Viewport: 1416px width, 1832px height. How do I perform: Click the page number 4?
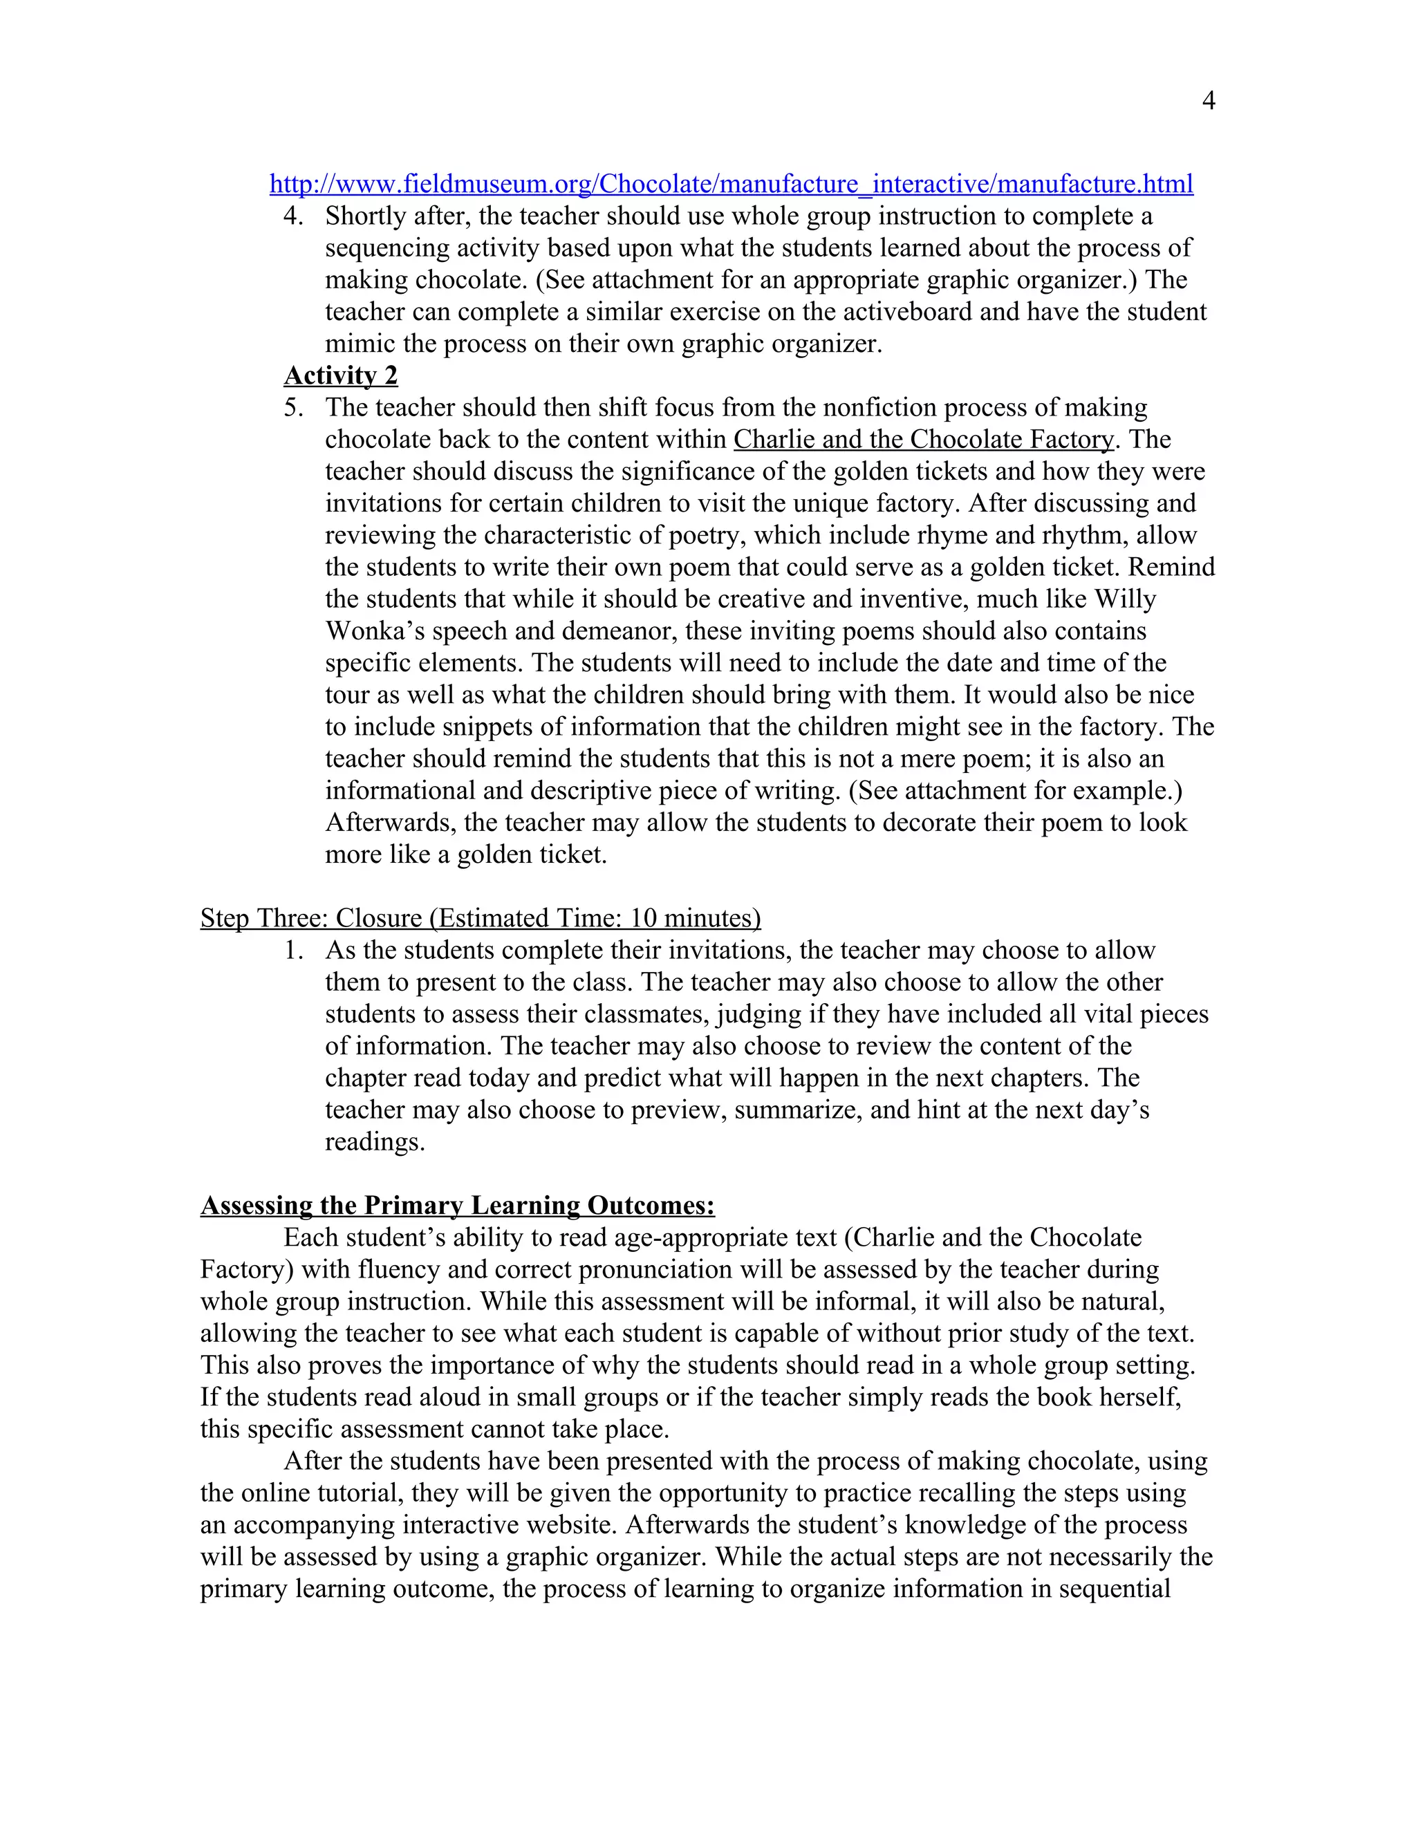1208,102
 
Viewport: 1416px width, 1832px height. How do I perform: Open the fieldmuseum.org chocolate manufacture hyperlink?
731,184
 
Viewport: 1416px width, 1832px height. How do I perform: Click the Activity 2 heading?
341,375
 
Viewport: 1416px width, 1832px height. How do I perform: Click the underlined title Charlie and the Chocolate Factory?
924,440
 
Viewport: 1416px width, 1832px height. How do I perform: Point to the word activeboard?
904,312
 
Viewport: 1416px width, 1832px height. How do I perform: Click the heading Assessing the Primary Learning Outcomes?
457,1206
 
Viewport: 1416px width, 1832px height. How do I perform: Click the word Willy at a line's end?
1126,599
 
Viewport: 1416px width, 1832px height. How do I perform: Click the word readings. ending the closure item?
375,1143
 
